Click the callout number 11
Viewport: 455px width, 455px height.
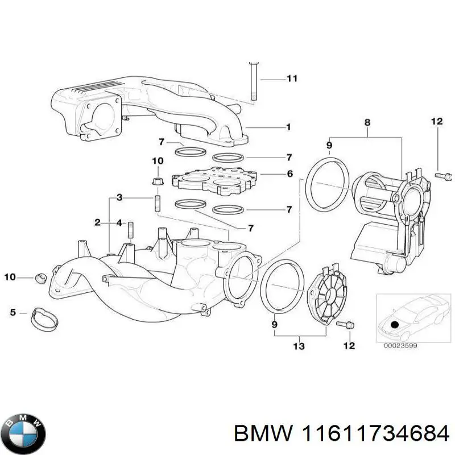291,78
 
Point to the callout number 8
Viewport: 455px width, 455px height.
367,122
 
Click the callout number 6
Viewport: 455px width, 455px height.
289,174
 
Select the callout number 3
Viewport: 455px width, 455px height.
119,198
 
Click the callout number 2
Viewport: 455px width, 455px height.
98,222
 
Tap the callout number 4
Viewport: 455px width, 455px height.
119,222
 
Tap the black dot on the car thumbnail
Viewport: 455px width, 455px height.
395,324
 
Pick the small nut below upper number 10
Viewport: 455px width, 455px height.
158,181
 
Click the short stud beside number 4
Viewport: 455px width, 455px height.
130,230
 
